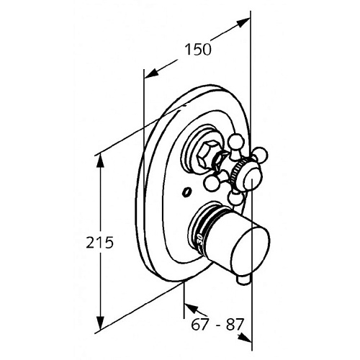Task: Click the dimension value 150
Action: (198, 50)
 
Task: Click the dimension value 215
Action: (99, 242)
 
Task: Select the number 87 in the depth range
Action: (233, 325)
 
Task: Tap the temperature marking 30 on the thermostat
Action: (200, 240)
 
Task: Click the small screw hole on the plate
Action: (186, 192)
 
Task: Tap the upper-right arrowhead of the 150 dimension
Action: (243, 22)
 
